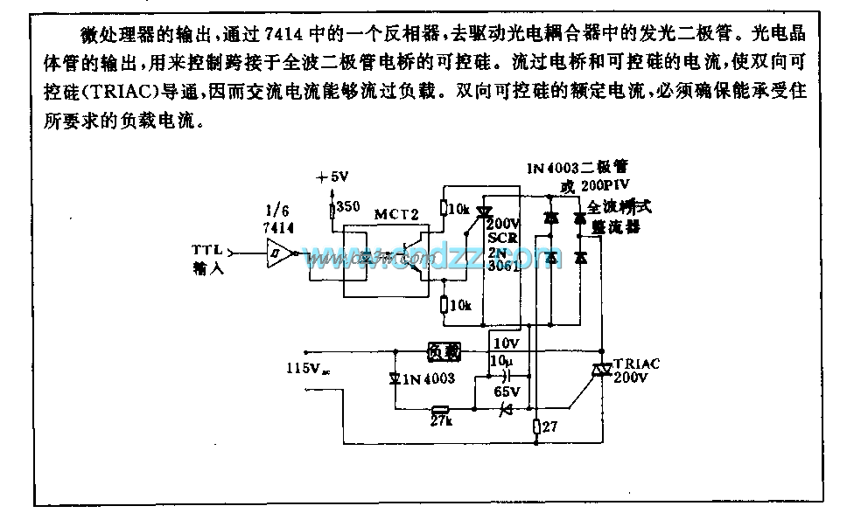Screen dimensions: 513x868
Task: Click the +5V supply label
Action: tap(332, 176)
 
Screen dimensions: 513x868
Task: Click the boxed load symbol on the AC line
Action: tap(443, 351)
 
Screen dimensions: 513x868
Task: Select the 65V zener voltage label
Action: tap(507, 392)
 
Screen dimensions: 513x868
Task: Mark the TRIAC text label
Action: tap(634, 364)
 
